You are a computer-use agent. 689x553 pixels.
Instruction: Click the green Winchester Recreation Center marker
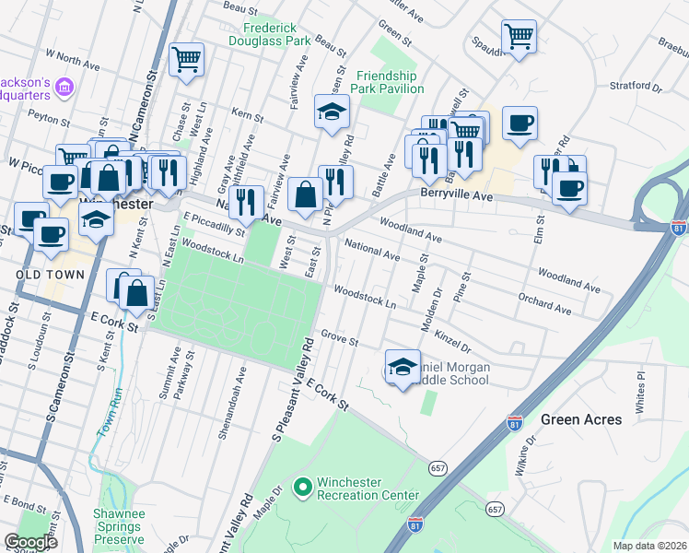coord(301,486)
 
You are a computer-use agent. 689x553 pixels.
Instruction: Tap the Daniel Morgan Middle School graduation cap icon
coord(403,368)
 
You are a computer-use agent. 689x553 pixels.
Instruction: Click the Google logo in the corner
coord(30,541)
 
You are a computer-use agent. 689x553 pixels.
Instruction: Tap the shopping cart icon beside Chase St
coord(187,60)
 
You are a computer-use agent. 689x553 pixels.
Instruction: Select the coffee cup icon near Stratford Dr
coord(520,123)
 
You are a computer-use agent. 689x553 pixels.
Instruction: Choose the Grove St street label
coord(339,339)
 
